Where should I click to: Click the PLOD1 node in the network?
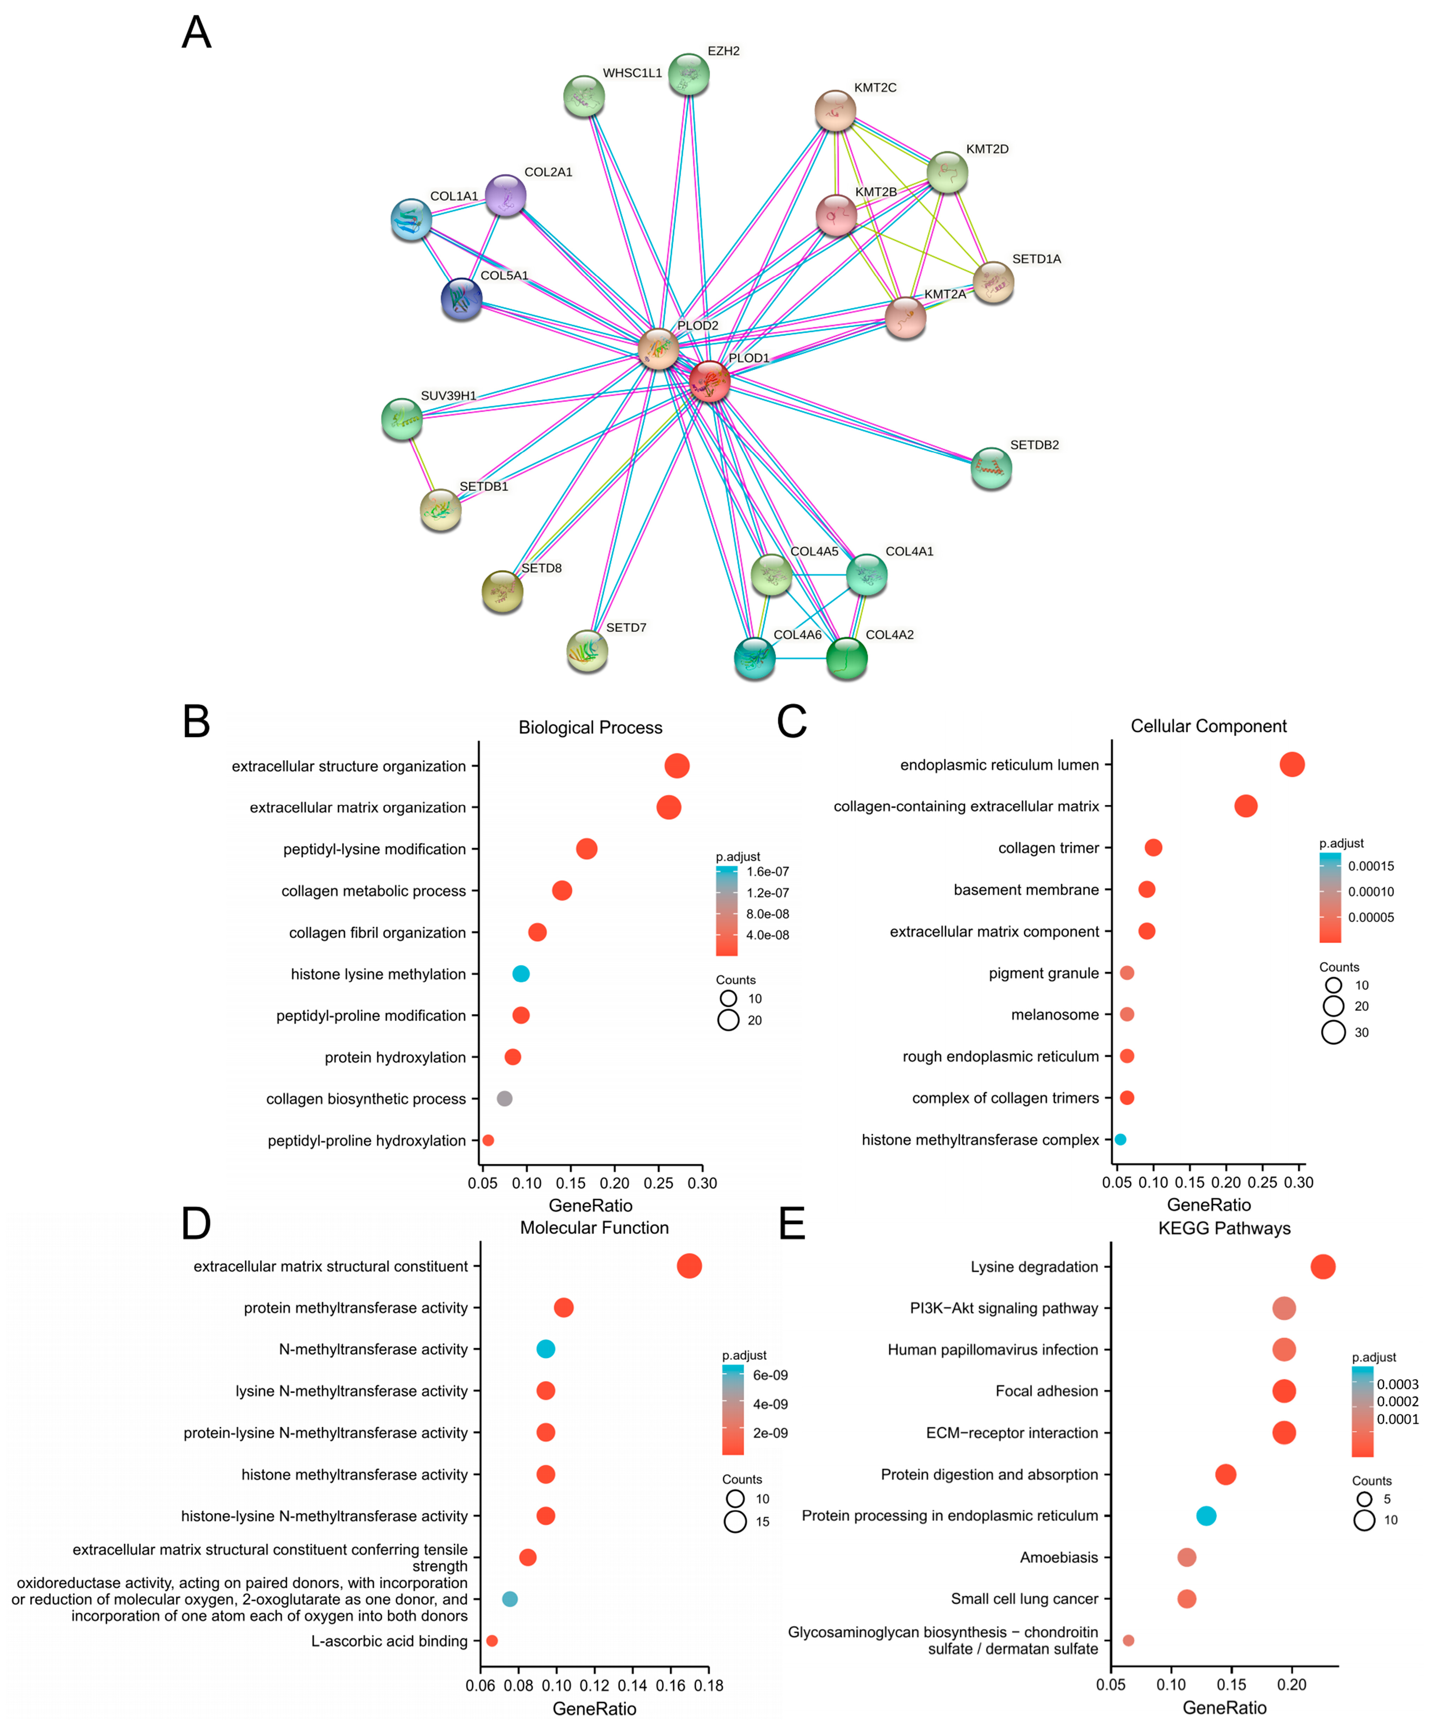click(709, 381)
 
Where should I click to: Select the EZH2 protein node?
click(688, 75)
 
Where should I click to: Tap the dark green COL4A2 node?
click(846, 658)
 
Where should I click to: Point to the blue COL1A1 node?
click(411, 219)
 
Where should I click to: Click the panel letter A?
click(196, 33)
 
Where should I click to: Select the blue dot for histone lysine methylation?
click(520, 974)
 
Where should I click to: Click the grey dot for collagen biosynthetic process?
click(505, 1099)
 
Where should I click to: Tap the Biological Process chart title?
click(590, 728)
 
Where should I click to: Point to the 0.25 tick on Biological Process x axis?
click(658, 1184)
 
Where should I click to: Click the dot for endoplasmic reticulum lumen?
click(1292, 764)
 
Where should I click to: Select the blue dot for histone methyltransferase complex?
click(1120, 1139)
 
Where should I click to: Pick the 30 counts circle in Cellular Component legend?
click(1333, 1032)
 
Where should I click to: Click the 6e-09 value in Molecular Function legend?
click(770, 1375)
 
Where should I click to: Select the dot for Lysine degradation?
click(1322, 1267)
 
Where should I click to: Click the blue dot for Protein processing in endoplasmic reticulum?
click(1206, 1515)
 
